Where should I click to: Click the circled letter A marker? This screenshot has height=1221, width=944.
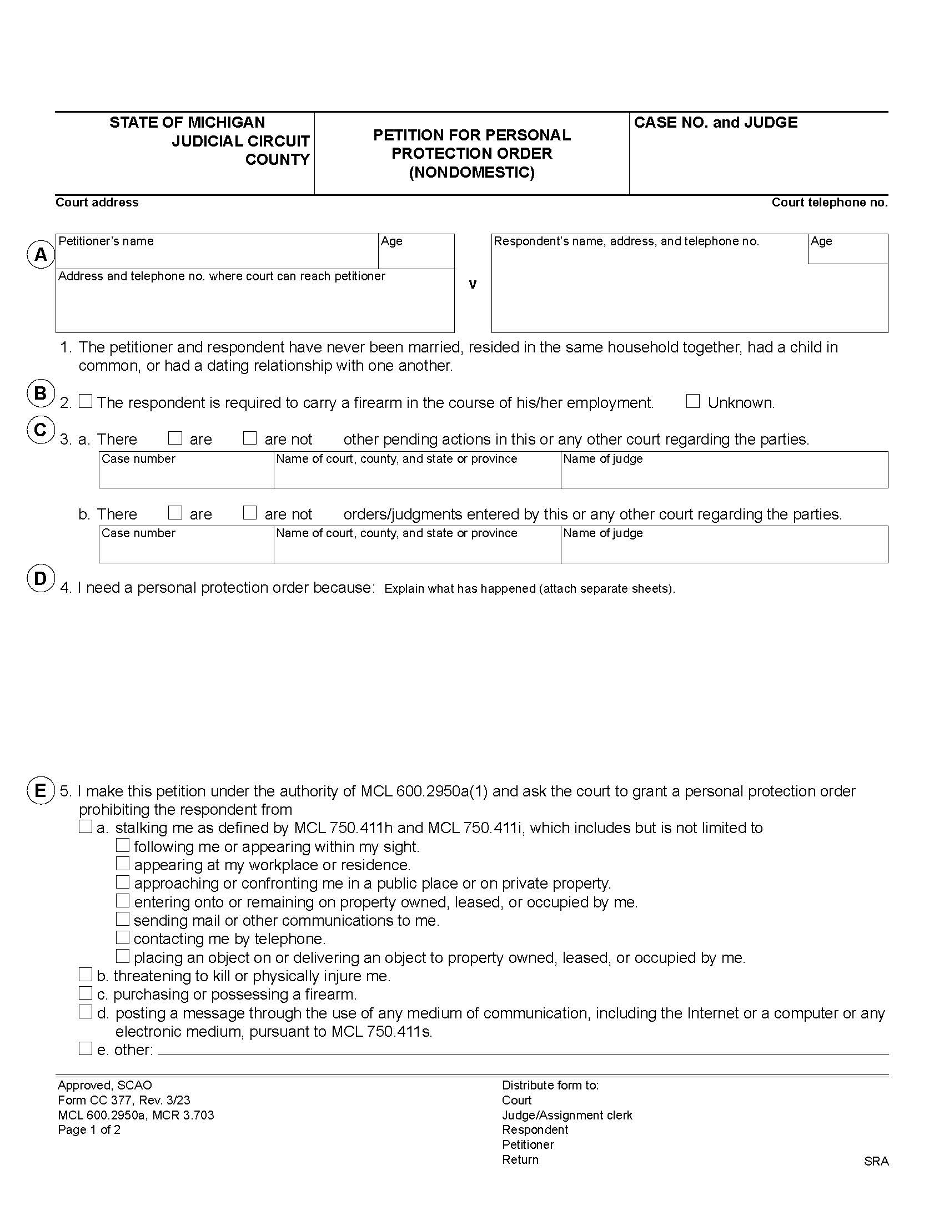pyautogui.click(x=41, y=255)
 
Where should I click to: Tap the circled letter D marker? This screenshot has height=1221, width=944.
pyautogui.click(x=41, y=578)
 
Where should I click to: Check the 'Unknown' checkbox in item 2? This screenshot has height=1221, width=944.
pyautogui.click(x=693, y=401)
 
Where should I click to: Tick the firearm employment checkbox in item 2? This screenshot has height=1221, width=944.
pyautogui.click(x=86, y=401)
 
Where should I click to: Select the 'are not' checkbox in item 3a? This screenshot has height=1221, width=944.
pyautogui.click(x=250, y=438)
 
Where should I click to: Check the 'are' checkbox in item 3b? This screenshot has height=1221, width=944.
pyautogui.click(x=175, y=513)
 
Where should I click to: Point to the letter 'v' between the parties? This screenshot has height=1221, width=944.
pyautogui.click(x=473, y=285)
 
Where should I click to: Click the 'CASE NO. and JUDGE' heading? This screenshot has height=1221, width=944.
pyautogui.click(x=715, y=123)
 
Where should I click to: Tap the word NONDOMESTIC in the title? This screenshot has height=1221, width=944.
pyautogui.click(x=471, y=172)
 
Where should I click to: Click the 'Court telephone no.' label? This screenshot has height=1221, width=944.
pyautogui.click(x=830, y=203)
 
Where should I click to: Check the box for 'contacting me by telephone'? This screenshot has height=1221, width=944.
pyautogui.click(x=123, y=937)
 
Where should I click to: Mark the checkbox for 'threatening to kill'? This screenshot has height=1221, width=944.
pyautogui.click(x=86, y=975)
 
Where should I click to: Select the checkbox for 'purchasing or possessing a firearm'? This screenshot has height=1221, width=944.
pyautogui.click(x=86, y=993)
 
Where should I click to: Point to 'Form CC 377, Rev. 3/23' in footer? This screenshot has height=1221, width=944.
pyautogui.click(x=124, y=1100)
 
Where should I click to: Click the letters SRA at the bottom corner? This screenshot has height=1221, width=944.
pyautogui.click(x=876, y=1161)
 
